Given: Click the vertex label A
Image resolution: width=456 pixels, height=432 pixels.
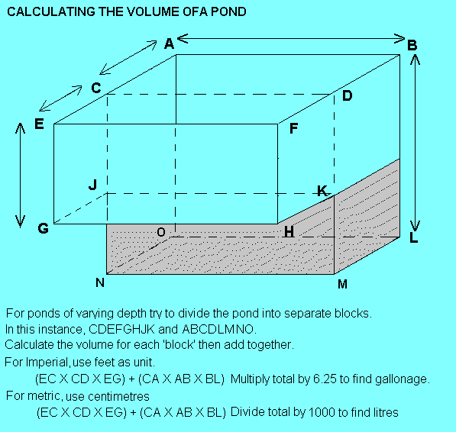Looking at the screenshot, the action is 169,44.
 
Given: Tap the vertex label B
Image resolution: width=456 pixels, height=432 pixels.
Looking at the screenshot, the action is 412,45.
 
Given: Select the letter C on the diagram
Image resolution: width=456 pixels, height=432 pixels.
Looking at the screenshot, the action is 96,88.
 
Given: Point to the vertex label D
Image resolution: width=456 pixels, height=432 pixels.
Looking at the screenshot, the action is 347,95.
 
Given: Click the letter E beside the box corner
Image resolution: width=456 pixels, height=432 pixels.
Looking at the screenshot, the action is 39,124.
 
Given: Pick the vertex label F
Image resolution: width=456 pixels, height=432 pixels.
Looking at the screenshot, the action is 294,128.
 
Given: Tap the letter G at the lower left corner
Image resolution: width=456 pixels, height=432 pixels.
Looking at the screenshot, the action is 44,228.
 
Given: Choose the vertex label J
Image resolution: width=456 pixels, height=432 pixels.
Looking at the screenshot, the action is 92,185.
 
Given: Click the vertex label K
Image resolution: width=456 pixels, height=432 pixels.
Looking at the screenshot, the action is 322,191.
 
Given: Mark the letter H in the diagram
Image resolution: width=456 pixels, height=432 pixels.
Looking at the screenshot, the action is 289,232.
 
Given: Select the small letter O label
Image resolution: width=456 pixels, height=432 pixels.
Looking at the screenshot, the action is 161,232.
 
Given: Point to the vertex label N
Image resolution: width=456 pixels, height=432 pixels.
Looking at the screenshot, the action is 100,282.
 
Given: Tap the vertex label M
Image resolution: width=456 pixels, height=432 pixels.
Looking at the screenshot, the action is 343,284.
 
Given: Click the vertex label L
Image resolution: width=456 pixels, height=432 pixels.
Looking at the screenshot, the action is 413,237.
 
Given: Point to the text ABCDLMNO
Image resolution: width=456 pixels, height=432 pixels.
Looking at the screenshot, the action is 218,329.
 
